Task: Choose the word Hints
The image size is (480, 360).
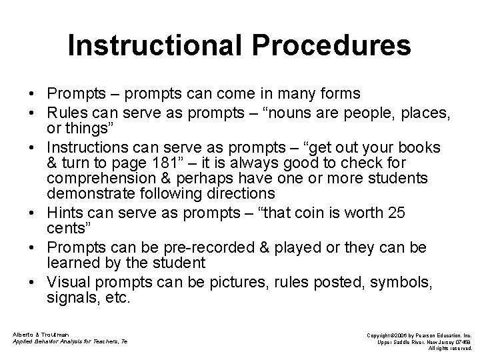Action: (x=64, y=212)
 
